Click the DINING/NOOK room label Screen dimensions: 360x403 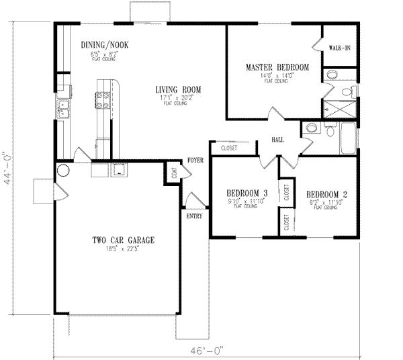click(x=104, y=45)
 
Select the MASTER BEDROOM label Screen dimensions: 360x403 click(x=277, y=68)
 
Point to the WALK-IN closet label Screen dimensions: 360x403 click(x=339, y=48)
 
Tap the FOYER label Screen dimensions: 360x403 click(x=195, y=161)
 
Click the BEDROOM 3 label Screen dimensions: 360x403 click(x=246, y=193)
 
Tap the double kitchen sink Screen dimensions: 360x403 click(x=64, y=109)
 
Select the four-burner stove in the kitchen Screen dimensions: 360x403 click(x=104, y=100)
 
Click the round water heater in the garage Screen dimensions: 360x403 click(x=61, y=171)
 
